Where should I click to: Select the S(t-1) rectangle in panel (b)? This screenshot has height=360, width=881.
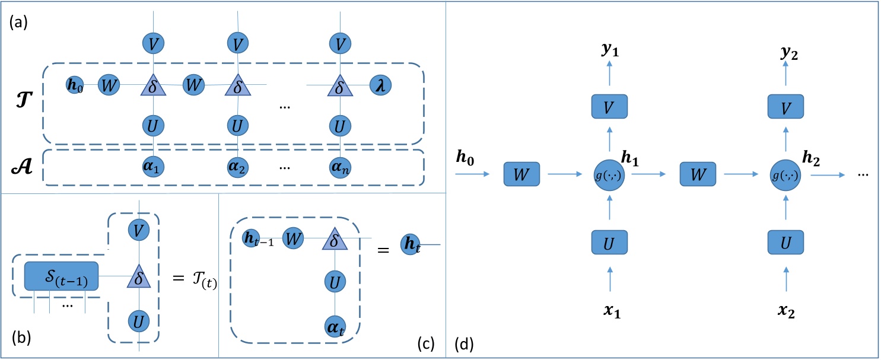(61, 276)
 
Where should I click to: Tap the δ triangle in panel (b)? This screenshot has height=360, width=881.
(137, 276)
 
